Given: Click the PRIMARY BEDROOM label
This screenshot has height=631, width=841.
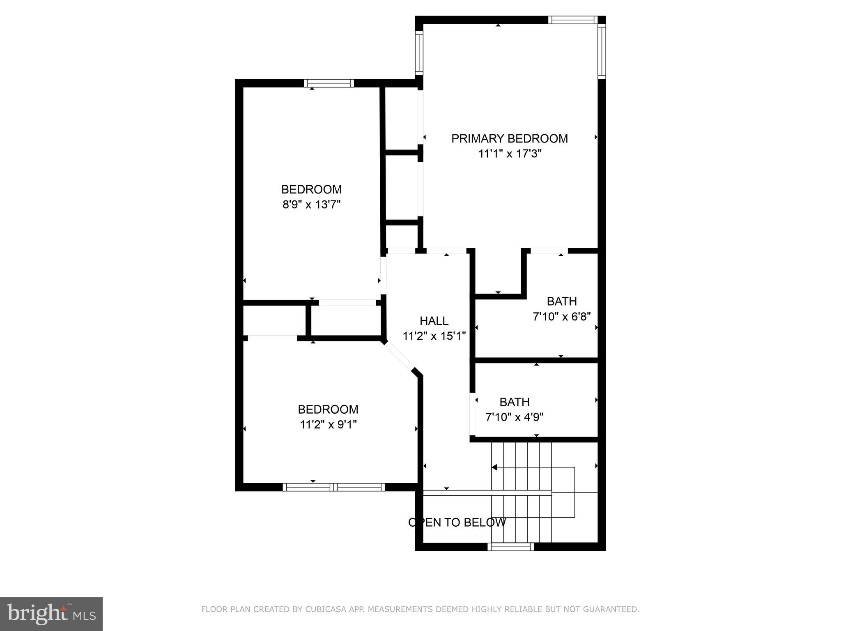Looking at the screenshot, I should [x=510, y=138].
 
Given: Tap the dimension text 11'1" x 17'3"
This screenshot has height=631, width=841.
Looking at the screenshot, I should [x=510, y=154].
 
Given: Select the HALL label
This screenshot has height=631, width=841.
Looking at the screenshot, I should [x=434, y=321].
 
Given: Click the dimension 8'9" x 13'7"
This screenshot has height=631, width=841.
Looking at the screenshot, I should [x=311, y=205].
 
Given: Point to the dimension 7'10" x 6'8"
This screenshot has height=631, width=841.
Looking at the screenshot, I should [x=561, y=317].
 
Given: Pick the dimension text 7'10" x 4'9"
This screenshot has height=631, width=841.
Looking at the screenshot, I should [x=514, y=417].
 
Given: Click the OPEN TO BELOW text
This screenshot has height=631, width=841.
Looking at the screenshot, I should [x=457, y=523].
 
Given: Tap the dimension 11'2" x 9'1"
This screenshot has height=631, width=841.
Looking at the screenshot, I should [x=328, y=424].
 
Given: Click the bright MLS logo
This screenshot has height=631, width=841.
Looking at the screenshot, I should [x=51, y=614].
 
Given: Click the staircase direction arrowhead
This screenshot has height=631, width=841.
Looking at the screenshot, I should [x=494, y=467].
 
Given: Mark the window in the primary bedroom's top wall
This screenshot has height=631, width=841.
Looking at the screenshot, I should [x=572, y=20].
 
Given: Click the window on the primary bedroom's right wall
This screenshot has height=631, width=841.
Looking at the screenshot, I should [x=602, y=51].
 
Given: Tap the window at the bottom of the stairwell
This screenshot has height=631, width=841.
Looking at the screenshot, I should [x=510, y=547].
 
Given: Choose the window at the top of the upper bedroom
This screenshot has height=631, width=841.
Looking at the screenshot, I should [x=329, y=83].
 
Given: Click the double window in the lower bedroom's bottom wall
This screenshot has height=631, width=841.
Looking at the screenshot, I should [x=333, y=487].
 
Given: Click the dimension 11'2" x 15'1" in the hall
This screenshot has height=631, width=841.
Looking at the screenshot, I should [x=434, y=336].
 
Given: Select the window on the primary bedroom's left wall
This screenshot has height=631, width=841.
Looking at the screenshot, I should [x=419, y=53].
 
